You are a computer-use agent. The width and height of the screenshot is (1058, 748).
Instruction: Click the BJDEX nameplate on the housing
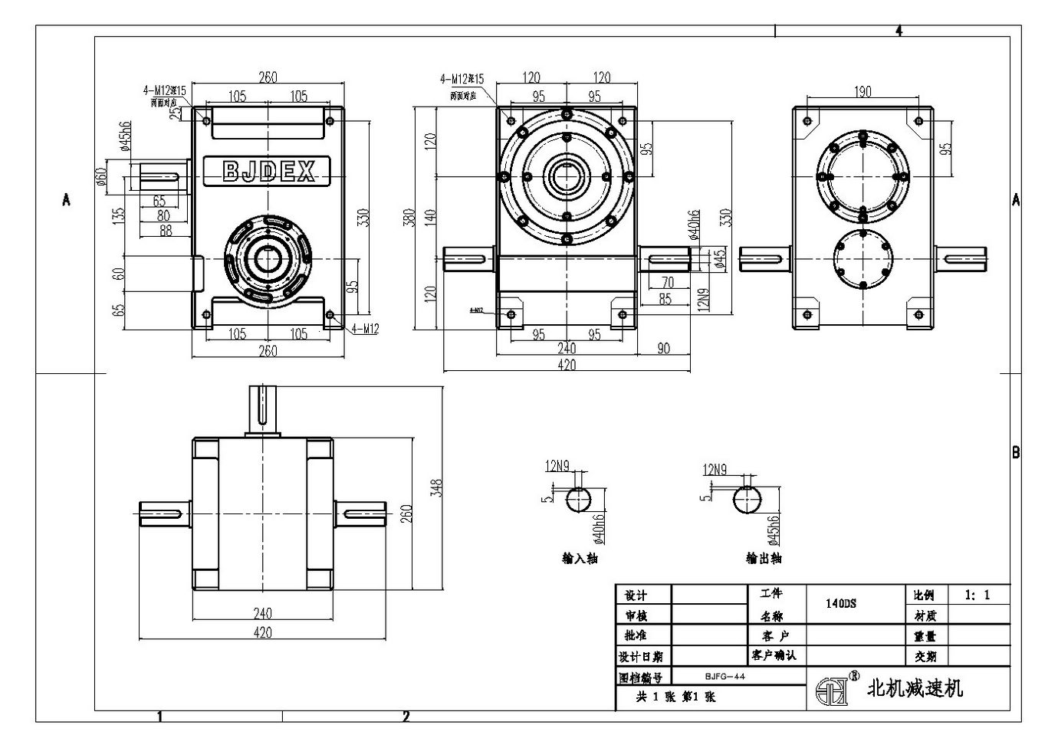tap(267, 171)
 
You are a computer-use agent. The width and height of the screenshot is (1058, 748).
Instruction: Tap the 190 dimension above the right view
tap(863, 92)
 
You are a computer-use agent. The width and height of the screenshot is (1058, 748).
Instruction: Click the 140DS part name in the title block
tap(841, 603)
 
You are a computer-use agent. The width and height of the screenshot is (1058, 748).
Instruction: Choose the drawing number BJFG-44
tap(724, 677)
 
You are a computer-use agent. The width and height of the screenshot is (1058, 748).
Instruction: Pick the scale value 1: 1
tap(977, 595)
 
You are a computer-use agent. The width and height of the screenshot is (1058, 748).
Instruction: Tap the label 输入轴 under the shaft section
tap(580, 558)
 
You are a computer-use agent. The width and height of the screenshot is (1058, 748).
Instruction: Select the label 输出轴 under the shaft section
tap(764, 558)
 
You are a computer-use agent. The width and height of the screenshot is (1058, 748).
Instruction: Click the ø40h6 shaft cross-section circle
tap(579, 500)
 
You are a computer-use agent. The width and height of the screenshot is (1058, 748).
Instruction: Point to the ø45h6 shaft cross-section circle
tap(747, 500)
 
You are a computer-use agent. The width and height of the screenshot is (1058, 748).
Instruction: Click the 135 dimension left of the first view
tap(119, 215)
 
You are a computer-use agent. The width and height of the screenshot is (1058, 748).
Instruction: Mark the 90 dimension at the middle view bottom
tap(663, 349)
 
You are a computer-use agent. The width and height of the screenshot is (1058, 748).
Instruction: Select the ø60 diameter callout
tap(100, 177)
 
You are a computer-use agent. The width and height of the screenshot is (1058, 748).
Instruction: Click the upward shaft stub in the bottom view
tap(262, 410)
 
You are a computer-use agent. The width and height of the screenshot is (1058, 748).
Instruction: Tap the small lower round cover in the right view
tap(863, 258)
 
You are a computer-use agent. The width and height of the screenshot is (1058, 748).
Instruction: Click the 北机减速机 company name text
tap(914, 688)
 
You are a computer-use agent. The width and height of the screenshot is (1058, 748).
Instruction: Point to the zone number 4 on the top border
tap(899, 31)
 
